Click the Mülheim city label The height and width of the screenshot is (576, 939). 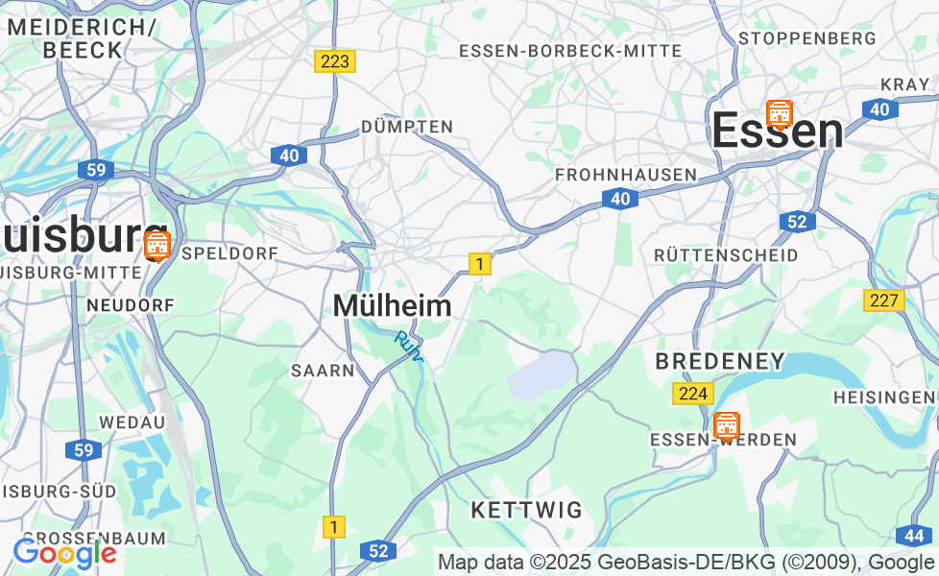392,305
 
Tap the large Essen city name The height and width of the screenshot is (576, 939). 778,132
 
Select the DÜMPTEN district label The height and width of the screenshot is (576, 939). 407,127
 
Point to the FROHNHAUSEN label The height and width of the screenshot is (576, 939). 626,175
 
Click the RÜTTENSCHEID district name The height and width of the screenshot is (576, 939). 726,255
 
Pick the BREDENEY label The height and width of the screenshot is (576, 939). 720,362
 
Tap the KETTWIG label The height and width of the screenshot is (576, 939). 527,510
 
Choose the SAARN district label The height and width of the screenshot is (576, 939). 324,371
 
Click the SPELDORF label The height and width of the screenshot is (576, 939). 229,253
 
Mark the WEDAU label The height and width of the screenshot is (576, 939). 126,422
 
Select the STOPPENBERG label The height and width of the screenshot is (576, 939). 807,38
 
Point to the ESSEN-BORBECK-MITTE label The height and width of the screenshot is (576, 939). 570,51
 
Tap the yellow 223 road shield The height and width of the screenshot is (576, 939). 334,61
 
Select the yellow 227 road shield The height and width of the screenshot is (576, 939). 883,300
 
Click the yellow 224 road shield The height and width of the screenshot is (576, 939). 692,394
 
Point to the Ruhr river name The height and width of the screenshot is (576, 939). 409,347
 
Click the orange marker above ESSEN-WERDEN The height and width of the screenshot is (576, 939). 727,425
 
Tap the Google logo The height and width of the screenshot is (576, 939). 64,553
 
